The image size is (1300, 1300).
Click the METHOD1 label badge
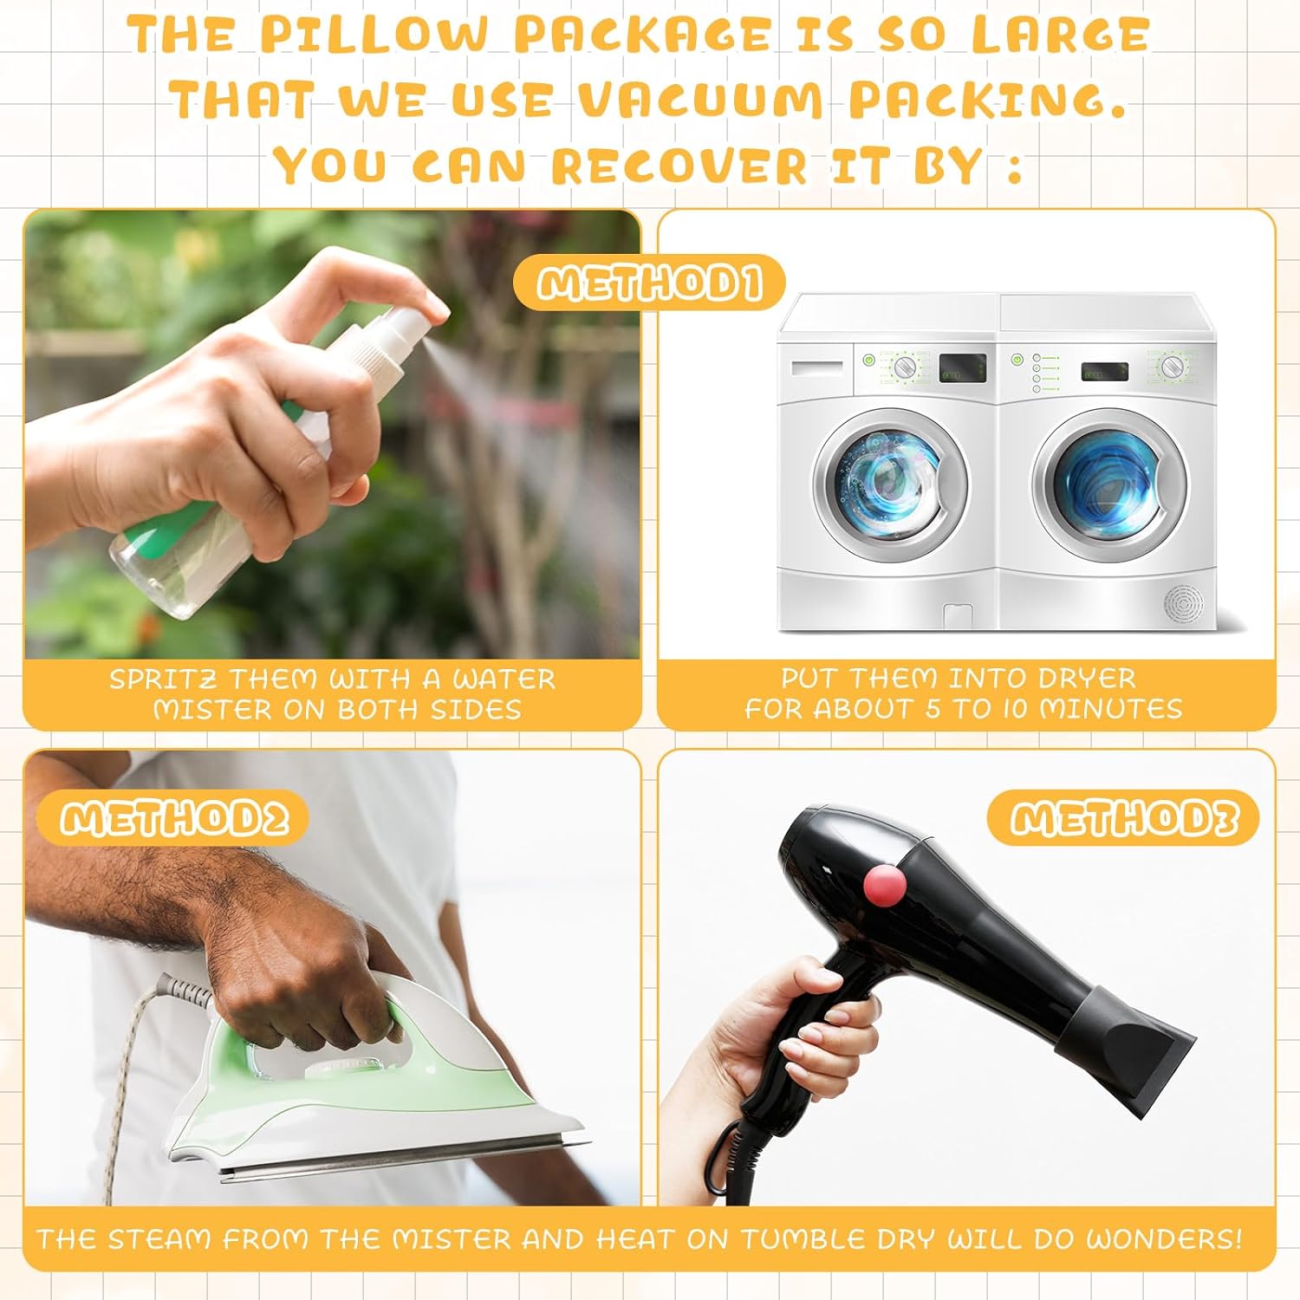pos(649,283)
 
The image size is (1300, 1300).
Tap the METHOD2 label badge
pos(172,818)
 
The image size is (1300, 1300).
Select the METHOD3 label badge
pos(1122,818)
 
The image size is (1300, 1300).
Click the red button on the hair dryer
pos(885,885)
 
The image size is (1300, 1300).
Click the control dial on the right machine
pos(1173,365)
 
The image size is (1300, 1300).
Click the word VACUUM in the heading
pos(700,100)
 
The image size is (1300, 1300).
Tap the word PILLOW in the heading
pos(374,35)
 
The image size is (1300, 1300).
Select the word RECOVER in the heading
pos(679,165)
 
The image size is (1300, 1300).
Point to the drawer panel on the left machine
pos(817,367)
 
